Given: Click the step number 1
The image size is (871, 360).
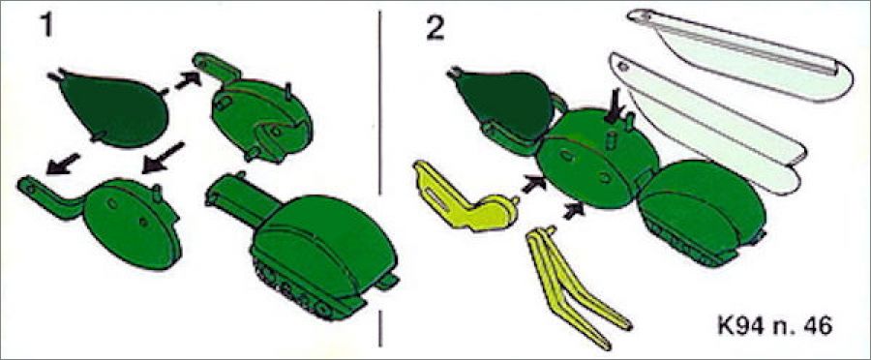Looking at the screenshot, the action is (47, 25).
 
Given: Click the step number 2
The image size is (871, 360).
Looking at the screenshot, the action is (435, 25).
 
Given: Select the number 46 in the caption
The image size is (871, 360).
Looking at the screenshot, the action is (820, 326).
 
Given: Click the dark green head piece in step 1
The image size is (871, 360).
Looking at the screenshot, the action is (114, 108).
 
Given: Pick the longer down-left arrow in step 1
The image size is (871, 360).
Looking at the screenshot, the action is (163, 157).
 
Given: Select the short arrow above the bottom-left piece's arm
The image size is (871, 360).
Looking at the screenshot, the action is (62, 164).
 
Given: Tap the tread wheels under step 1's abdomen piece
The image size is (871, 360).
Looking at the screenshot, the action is (294, 291).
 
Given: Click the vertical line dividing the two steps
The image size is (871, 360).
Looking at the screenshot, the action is (380, 178).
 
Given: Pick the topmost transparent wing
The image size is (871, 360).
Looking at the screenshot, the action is (744, 55).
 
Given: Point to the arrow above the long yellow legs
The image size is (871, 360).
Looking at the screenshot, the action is (574, 211).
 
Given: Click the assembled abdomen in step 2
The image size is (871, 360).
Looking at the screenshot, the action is (703, 211).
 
